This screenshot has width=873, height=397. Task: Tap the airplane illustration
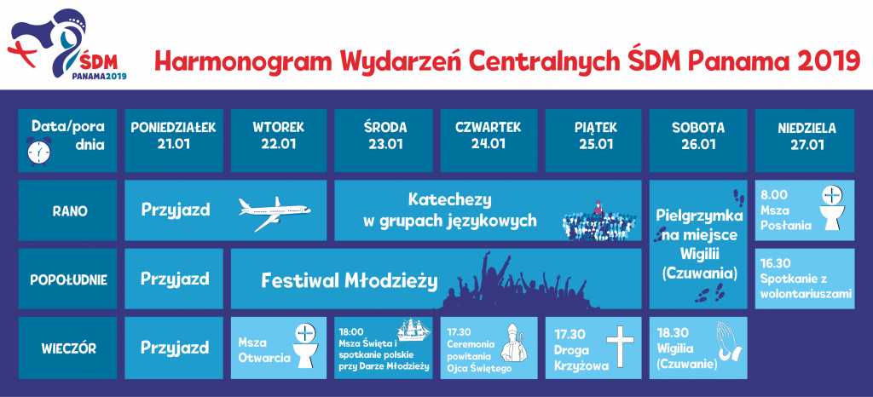(x=275, y=214)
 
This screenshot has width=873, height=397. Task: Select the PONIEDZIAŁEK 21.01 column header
(x=174, y=135)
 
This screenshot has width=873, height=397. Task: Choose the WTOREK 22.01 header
(x=278, y=135)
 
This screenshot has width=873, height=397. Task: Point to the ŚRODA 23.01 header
(x=384, y=135)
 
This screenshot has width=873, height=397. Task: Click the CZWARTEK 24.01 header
(x=489, y=135)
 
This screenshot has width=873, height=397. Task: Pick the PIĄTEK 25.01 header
(x=593, y=135)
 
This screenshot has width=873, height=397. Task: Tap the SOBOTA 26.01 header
(x=698, y=135)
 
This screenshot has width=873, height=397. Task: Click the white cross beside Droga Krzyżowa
(x=620, y=347)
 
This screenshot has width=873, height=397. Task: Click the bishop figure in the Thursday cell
(x=512, y=344)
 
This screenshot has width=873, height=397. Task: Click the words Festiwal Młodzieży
(x=350, y=281)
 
